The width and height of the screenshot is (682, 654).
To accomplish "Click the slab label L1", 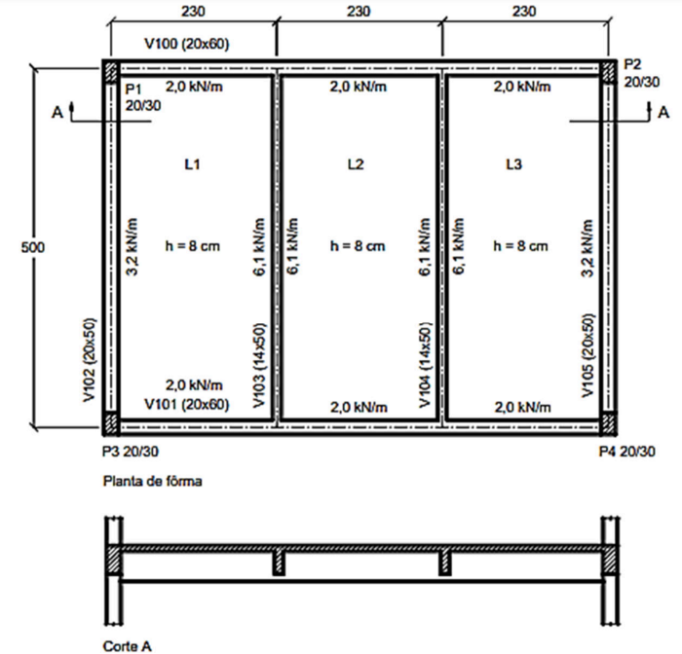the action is pos(192,164).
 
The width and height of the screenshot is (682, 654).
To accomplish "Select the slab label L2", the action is pos(356,164).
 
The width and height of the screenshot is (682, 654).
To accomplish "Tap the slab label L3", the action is pos(513,164).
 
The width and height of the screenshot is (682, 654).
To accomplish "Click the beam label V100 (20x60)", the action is pos(187,44).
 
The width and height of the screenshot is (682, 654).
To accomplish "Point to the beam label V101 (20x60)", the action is pos(187,405).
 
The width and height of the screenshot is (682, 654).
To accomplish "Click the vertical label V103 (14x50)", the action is pos(259,365).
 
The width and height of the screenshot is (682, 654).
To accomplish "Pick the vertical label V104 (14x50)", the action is pos(425,365).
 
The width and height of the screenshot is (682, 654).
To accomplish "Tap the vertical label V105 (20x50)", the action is pos(587,356).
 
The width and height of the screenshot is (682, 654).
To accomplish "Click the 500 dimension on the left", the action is pos(33,247).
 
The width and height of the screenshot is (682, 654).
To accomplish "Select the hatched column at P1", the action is pos(111,71).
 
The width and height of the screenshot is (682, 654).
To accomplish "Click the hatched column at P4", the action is pos(609,423).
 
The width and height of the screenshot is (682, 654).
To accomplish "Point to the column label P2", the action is pos(632,64).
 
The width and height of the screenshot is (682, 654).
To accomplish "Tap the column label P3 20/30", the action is pos(131,452).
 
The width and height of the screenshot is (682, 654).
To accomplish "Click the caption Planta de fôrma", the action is pos(152,481).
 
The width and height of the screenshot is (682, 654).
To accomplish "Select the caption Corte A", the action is pos(127,646).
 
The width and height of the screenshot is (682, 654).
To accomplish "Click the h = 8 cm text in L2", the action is pos(358,246).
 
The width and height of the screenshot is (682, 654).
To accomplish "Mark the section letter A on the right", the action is pos(663,113).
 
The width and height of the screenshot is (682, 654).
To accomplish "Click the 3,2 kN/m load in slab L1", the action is pos(133,247).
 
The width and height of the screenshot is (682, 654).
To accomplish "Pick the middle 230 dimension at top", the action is pos(359,11).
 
